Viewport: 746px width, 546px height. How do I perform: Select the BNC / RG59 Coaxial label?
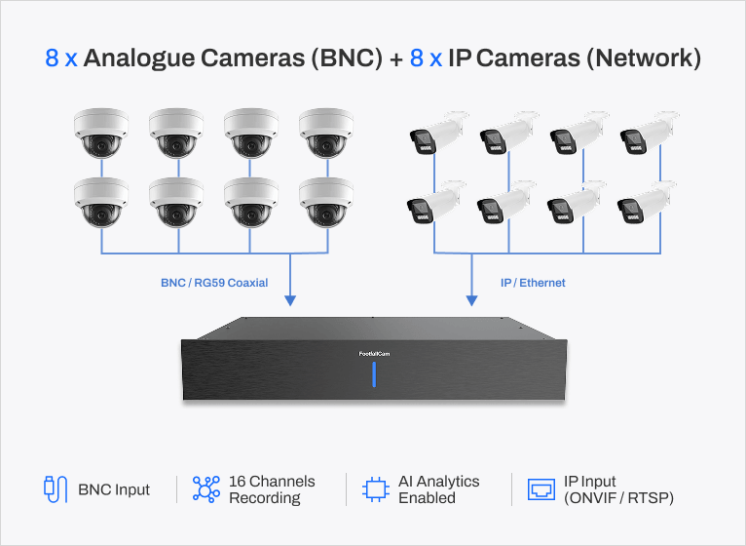(x=214, y=283)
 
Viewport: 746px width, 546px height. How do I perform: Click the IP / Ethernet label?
(x=533, y=283)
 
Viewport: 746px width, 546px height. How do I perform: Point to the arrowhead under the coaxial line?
(x=290, y=300)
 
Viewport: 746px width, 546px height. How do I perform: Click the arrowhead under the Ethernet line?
(x=471, y=300)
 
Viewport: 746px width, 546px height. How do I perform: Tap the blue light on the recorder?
(x=374, y=374)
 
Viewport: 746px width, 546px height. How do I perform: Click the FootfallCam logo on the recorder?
(x=374, y=354)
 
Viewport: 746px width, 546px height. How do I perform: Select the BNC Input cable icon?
(x=56, y=489)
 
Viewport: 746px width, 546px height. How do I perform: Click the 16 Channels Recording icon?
(x=206, y=489)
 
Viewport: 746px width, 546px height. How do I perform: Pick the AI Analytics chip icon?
(x=376, y=489)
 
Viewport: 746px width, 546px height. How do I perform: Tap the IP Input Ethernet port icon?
(x=541, y=489)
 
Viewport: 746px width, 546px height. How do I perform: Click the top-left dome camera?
(x=101, y=133)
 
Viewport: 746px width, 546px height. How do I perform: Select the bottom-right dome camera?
(x=326, y=203)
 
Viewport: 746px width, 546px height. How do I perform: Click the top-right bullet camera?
(x=650, y=133)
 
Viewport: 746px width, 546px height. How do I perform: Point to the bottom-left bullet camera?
(x=436, y=202)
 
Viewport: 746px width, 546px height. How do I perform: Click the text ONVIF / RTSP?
(x=618, y=498)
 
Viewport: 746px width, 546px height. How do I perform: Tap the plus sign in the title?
(x=395, y=59)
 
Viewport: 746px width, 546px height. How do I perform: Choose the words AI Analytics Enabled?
(x=438, y=489)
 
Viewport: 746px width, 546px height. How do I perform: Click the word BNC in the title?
(x=347, y=58)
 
